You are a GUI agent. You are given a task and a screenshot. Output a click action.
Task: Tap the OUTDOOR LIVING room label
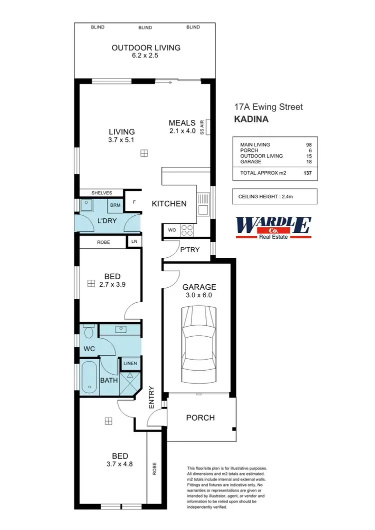[145, 48]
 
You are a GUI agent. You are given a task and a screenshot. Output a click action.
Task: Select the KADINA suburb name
[251, 119]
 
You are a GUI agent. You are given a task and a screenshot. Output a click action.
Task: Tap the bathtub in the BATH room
[89, 377]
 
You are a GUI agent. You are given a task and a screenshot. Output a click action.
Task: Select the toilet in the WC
[88, 333]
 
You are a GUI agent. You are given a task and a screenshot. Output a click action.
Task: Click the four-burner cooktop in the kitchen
[186, 230]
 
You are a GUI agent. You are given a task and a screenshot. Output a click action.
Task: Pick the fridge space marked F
[133, 203]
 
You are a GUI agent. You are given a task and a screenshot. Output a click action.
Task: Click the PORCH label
[200, 418]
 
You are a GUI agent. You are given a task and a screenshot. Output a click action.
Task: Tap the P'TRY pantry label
[190, 248]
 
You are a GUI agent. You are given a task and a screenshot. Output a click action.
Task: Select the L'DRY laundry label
[106, 220]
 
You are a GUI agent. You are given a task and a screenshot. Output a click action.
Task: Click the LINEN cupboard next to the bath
[131, 364]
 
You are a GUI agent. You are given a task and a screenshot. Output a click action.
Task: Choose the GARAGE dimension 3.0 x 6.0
[199, 296]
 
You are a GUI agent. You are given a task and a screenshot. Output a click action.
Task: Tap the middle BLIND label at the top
[145, 27]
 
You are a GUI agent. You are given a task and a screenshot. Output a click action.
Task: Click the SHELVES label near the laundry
[101, 193]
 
